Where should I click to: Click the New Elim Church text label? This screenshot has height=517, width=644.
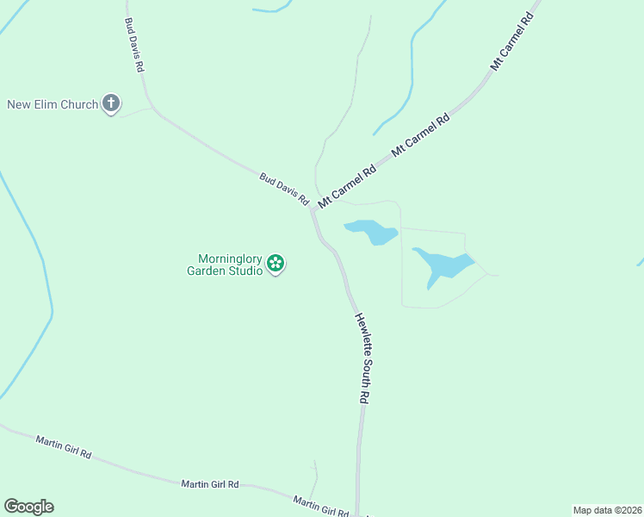[x=53, y=105]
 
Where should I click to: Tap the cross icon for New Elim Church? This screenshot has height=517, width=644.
[x=110, y=104]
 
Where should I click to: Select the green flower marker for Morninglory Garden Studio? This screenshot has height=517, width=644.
[x=276, y=264]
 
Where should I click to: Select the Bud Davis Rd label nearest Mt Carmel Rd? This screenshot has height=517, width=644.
[x=284, y=189]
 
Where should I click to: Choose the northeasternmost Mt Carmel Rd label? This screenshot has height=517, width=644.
[x=513, y=41]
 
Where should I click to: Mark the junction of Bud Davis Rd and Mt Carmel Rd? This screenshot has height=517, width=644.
[x=312, y=208]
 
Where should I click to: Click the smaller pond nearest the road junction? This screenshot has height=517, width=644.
[x=372, y=231]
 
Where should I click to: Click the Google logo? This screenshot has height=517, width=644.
[x=28, y=507]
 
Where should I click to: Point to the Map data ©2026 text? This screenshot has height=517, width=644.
[x=607, y=510]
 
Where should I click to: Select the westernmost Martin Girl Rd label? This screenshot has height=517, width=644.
[x=63, y=446]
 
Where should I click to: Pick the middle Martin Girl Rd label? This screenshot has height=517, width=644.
[x=209, y=484]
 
